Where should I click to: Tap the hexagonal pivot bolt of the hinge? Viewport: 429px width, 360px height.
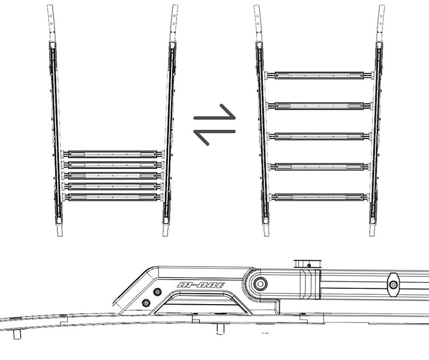pos(261,284)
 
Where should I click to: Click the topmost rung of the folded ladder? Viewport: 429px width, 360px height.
pos(112,154)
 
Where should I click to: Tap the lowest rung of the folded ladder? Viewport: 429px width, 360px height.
pos(112,197)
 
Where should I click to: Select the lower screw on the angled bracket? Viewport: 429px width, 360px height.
pos(146,302)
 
